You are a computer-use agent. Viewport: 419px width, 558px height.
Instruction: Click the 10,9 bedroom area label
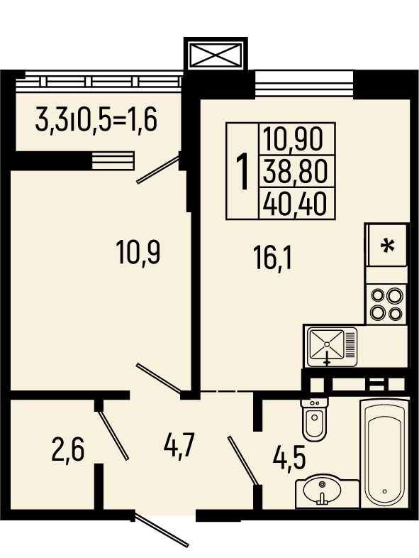[138, 252]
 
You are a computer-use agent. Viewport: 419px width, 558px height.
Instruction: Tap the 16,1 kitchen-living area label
[272, 258]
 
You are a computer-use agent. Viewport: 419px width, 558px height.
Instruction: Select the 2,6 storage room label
[68, 449]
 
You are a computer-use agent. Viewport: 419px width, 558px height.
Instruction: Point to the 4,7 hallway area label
[180, 445]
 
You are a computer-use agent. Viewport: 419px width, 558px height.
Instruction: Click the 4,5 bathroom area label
[289, 459]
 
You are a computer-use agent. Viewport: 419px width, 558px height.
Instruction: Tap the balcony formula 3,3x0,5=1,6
[96, 120]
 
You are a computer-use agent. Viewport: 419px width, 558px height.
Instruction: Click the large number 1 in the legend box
[242, 171]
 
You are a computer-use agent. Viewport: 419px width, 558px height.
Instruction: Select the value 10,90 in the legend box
[294, 138]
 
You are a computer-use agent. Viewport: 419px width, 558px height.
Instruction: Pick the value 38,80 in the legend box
[294, 172]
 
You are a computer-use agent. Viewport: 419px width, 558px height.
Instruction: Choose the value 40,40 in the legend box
[294, 204]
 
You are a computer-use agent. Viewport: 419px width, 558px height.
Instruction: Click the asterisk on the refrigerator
[387, 246]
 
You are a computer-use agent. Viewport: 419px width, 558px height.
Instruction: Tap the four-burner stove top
[386, 305]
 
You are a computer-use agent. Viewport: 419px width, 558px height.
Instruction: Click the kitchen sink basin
[327, 344]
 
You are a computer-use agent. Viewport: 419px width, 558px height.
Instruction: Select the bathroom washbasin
[322, 490]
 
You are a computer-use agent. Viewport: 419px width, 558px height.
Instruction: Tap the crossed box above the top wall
[216, 55]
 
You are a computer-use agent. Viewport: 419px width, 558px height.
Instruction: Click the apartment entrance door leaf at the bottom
[162, 530]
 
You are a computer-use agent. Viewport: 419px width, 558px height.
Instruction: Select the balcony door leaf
[158, 170]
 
